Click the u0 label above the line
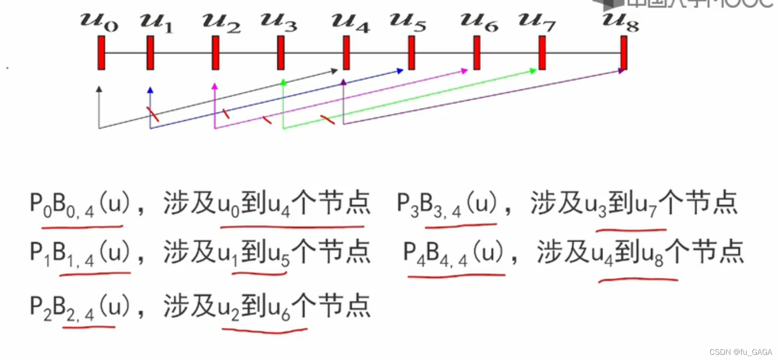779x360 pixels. click(x=99, y=22)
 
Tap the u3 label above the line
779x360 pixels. click(x=279, y=22)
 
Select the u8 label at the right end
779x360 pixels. click(x=620, y=22)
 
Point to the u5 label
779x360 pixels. click(x=408, y=22)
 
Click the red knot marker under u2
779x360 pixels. click(x=215, y=53)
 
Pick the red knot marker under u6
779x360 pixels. click(x=477, y=53)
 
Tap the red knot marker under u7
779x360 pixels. click(x=542, y=53)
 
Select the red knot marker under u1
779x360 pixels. click(x=150, y=53)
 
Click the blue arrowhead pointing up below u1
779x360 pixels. click(x=150, y=90)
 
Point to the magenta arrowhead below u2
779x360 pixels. click(x=215, y=87)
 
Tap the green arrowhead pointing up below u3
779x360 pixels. click(x=283, y=82)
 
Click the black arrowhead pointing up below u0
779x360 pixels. click(x=99, y=89)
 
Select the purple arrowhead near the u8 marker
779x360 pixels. click(x=621, y=71)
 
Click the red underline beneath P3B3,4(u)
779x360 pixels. click(x=460, y=226)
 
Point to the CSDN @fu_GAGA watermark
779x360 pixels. click(x=741, y=352)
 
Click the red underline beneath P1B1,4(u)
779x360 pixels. click(x=95, y=274)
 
